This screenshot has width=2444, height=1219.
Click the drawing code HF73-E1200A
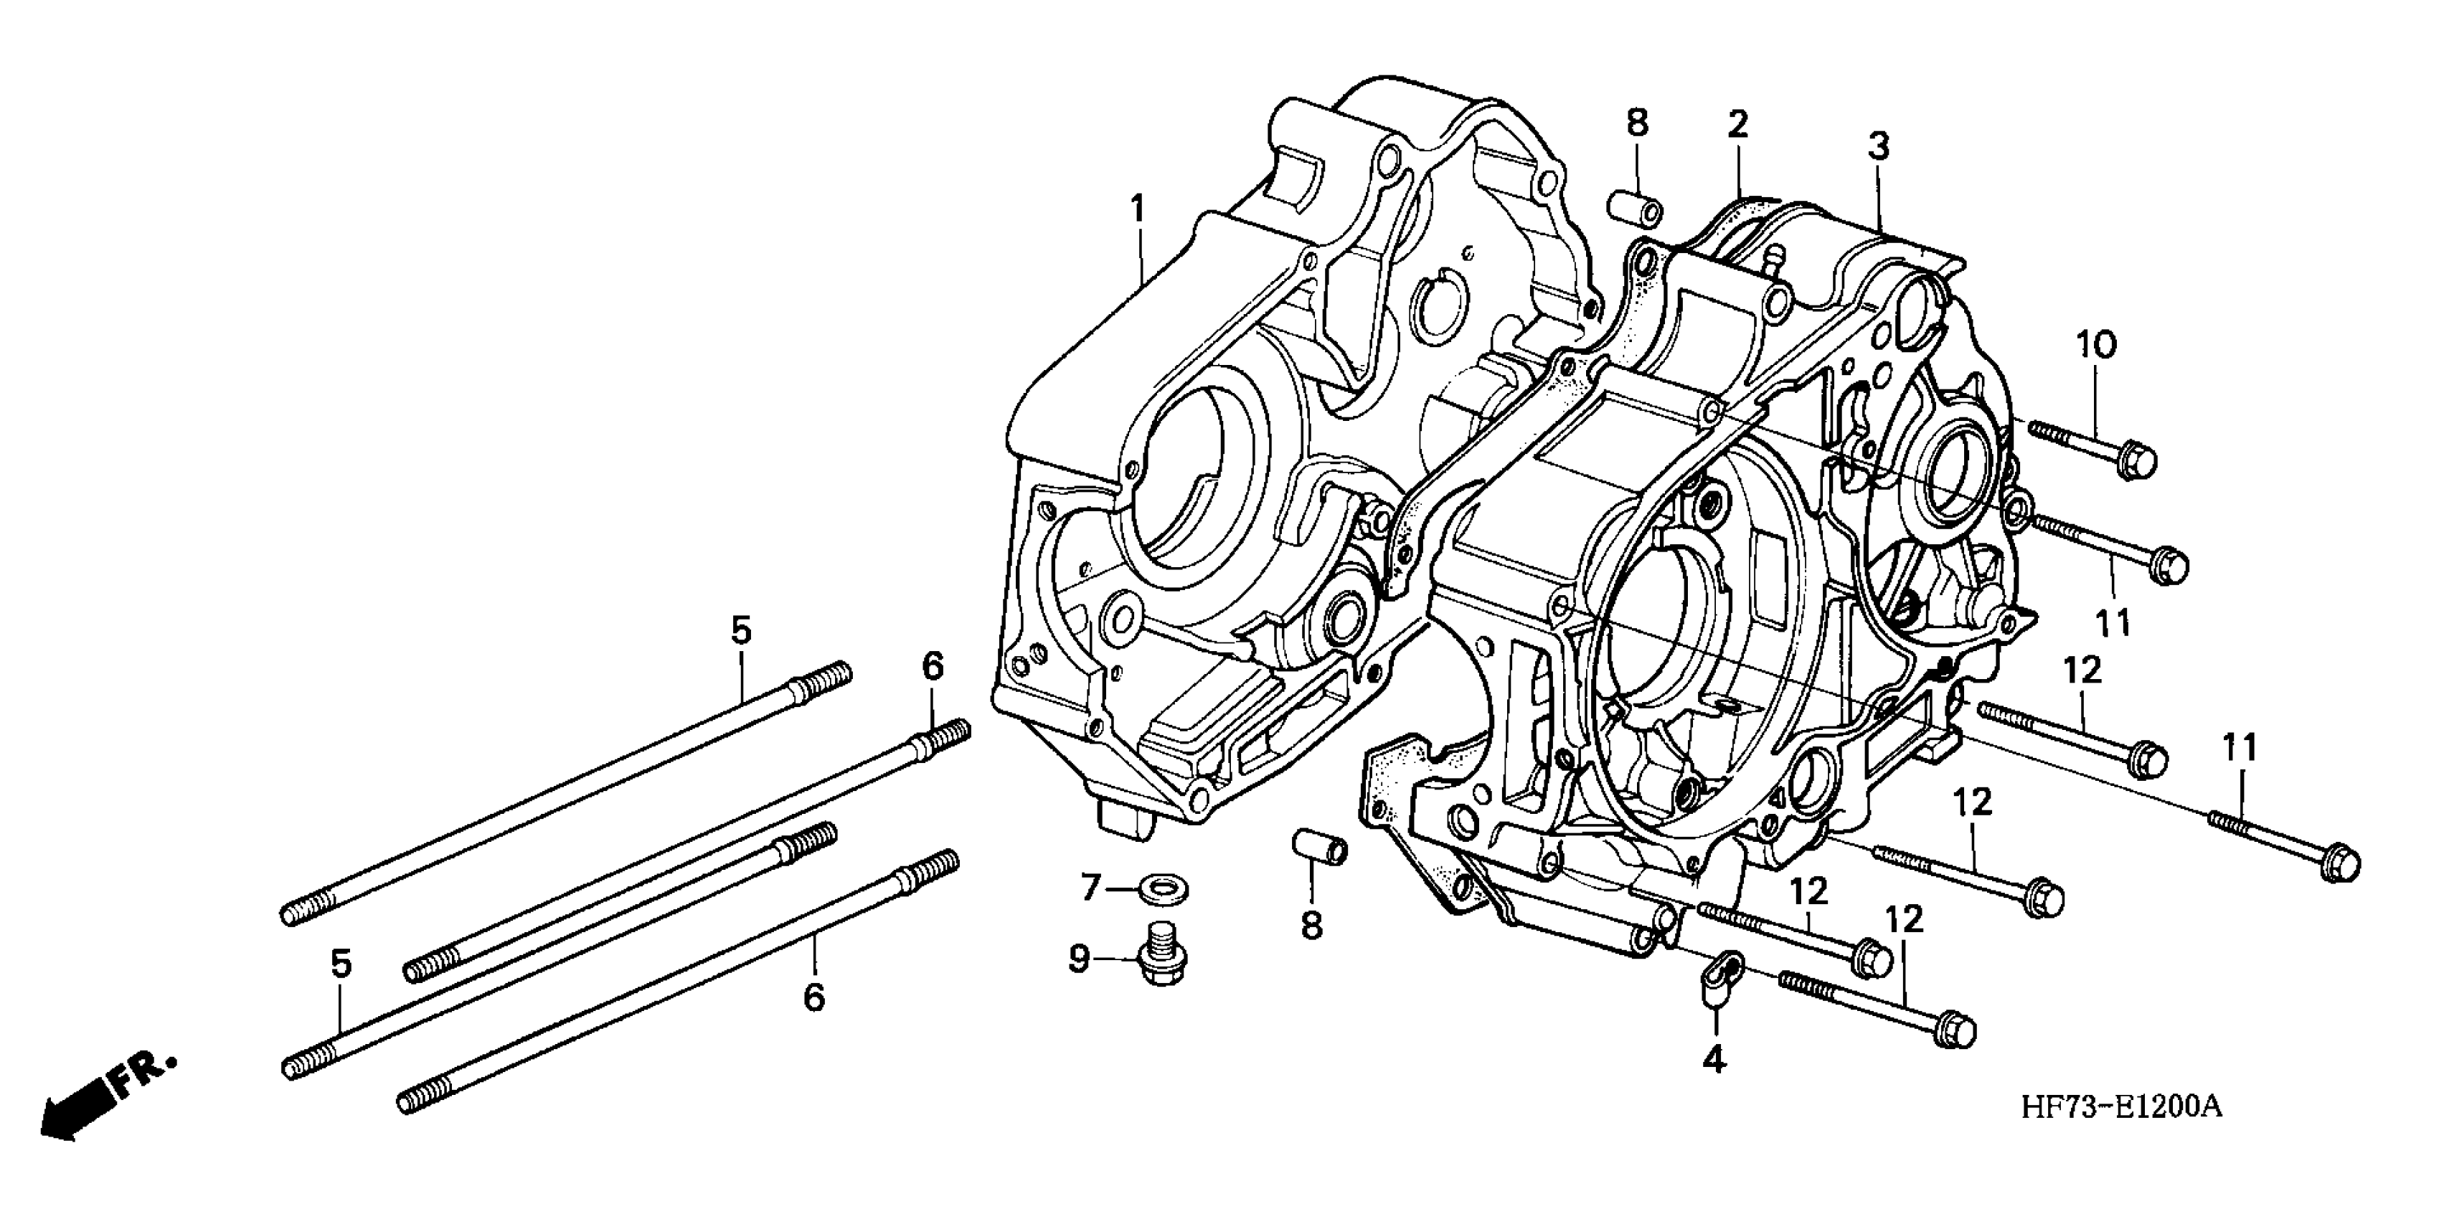tap(2120, 1106)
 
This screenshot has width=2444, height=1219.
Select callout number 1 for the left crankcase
tap(1136, 209)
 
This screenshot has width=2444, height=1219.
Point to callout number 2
tap(1737, 124)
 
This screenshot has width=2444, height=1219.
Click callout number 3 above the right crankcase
tap(1879, 147)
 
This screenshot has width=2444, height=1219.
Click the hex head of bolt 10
tap(2136, 462)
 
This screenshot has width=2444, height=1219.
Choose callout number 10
tap(2098, 346)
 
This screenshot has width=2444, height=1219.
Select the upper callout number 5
tap(740, 629)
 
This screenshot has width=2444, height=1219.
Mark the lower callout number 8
tap(1311, 925)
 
